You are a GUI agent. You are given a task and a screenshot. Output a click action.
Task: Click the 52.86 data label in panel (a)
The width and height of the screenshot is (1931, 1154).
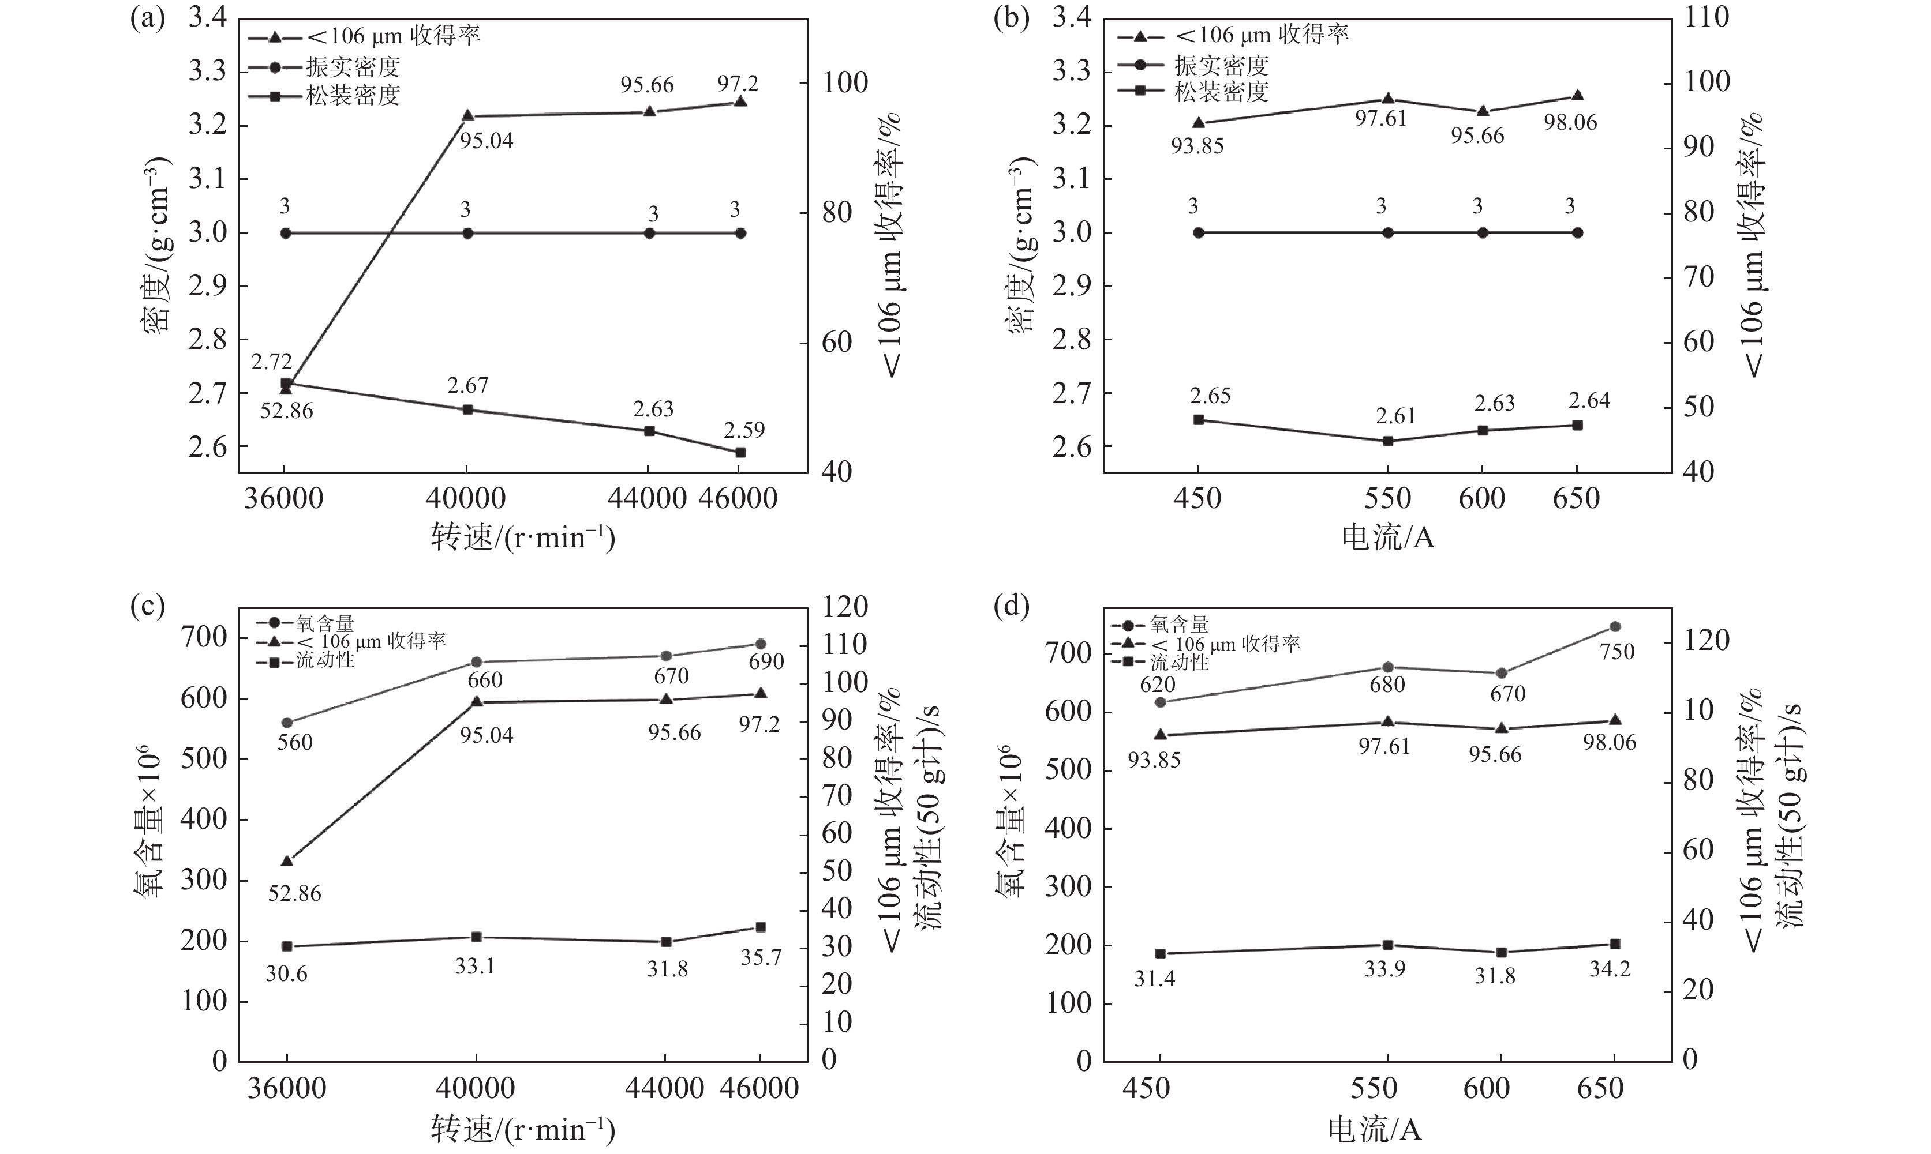[286, 411]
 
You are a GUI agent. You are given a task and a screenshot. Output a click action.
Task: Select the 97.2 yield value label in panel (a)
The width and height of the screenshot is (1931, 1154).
[738, 83]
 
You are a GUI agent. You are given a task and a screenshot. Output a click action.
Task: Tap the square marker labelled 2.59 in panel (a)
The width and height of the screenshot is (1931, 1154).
[740, 452]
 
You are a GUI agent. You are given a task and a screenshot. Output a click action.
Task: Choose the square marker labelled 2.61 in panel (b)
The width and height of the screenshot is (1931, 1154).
[1388, 441]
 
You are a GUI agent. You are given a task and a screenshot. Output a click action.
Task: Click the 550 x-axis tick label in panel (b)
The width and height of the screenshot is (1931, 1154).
[1387, 498]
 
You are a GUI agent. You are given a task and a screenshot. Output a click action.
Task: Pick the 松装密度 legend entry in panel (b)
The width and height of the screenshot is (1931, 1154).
[1221, 92]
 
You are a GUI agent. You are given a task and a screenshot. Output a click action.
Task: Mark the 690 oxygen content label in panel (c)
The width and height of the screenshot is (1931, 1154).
[766, 661]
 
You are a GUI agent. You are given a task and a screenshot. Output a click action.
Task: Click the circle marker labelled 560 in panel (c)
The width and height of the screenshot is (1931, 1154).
[286, 723]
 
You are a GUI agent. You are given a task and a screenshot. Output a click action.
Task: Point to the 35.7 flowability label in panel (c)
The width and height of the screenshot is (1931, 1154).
[760, 957]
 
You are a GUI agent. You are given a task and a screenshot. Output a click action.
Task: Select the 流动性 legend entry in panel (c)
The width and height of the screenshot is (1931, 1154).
[324, 660]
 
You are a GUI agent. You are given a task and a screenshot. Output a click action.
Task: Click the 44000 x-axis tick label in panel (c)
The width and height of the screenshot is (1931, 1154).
[665, 1088]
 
